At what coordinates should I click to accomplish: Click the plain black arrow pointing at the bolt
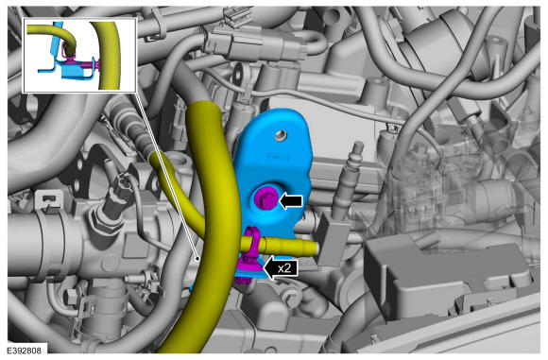click(x=291, y=200)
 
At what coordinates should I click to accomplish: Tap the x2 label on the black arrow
click(x=284, y=268)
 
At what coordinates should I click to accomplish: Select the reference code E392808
click(x=24, y=351)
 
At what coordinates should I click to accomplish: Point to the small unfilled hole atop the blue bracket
click(x=280, y=135)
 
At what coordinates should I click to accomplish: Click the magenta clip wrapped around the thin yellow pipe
click(x=251, y=245)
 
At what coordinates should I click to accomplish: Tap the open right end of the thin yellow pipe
click(x=316, y=248)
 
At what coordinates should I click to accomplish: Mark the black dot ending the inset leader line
click(x=197, y=259)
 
